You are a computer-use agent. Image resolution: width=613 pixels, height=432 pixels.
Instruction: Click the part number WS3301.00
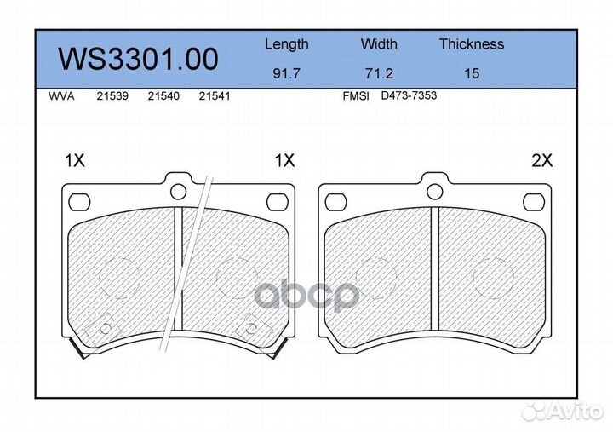(138, 59)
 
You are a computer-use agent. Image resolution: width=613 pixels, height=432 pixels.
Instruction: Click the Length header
(287, 44)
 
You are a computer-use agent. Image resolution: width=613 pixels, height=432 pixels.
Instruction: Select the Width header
(379, 43)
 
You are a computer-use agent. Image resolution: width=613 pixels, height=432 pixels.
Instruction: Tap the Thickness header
(472, 43)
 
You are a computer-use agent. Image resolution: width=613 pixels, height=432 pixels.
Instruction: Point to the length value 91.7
(287, 73)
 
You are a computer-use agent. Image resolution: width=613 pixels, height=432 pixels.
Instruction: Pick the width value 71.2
(379, 73)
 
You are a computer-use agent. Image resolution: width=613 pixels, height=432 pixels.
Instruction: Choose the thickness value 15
(472, 73)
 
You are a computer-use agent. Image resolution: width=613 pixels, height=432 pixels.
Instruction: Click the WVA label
(61, 96)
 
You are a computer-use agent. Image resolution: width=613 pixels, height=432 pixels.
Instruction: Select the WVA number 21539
(112, 96)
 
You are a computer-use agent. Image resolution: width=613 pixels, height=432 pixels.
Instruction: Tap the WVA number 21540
(163, 96)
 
